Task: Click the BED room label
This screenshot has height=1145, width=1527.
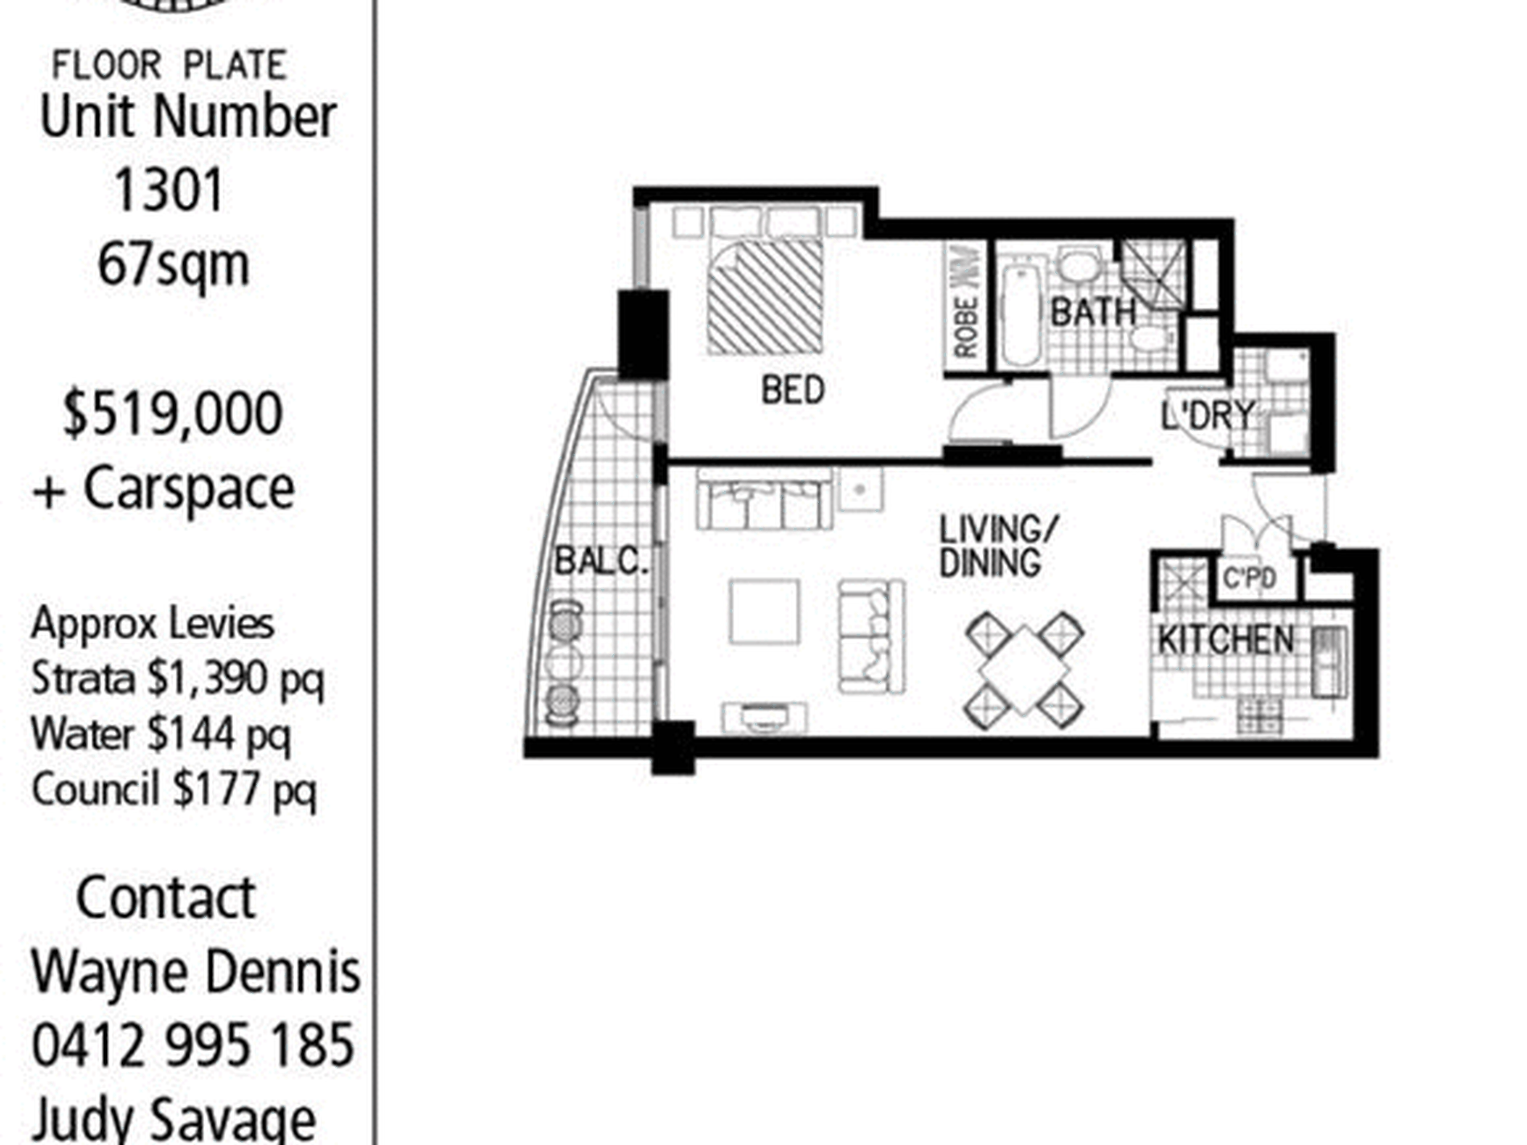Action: pos(792,391)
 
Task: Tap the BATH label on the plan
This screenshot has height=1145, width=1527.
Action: pos(1093,312)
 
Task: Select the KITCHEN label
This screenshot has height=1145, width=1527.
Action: pos(1226,640)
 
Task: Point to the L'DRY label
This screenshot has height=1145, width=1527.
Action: pos(1208,415)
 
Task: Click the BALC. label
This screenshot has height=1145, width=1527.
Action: pos(601,561)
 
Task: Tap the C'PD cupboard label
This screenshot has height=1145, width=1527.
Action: pos(1249,579)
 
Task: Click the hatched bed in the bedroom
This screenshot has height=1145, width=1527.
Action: pos(765,296)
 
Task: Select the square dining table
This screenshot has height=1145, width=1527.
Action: pos(1024,671)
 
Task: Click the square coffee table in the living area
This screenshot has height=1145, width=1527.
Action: pos(764,611)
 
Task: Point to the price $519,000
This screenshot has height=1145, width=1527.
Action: pos(173,414)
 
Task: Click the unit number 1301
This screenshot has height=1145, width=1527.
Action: pos(169,191)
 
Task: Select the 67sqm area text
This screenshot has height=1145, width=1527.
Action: pos(174,265)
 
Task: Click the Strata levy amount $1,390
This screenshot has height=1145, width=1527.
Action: pos(208,680)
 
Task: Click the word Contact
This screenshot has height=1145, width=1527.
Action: pos(166,898)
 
